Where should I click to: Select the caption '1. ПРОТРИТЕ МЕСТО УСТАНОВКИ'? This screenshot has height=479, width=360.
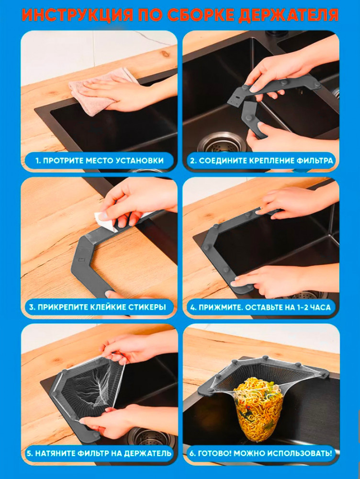pos(99,160)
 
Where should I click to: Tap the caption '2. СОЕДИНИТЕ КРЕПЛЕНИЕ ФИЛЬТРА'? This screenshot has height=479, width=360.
pos(261,160)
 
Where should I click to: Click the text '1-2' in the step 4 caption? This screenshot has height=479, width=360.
pos(305,307)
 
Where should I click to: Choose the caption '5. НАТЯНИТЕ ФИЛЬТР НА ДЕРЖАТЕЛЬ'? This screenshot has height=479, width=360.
pos(99,453)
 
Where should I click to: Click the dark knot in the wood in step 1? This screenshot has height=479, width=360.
pos(166,54)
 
